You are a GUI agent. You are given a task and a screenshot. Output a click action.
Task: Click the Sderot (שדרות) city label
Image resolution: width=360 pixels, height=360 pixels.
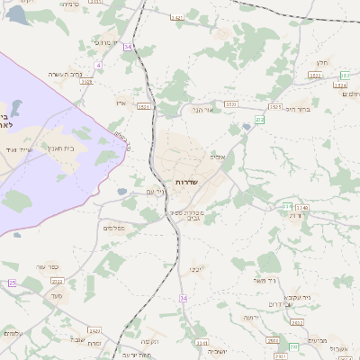(186, 181)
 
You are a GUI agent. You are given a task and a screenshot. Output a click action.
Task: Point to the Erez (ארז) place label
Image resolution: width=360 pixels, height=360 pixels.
(121, 103)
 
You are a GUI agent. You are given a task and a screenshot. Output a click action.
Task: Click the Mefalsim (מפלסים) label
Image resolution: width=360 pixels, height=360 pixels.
(113, 228)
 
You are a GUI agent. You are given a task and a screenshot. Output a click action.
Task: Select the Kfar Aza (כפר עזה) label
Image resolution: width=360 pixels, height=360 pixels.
(48, 267)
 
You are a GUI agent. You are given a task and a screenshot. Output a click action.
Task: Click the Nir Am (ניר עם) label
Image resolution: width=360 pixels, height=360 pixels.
(156, 191)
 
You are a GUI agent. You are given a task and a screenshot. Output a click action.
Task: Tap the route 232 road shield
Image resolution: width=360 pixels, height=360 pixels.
(260, 119)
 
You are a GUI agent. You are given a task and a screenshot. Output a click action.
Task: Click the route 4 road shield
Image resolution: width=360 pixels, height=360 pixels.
(98, 66)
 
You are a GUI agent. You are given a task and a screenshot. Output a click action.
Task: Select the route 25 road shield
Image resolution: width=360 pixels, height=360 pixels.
(13, 283)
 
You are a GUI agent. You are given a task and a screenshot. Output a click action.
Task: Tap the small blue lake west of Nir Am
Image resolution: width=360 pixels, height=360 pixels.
(121, 191)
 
